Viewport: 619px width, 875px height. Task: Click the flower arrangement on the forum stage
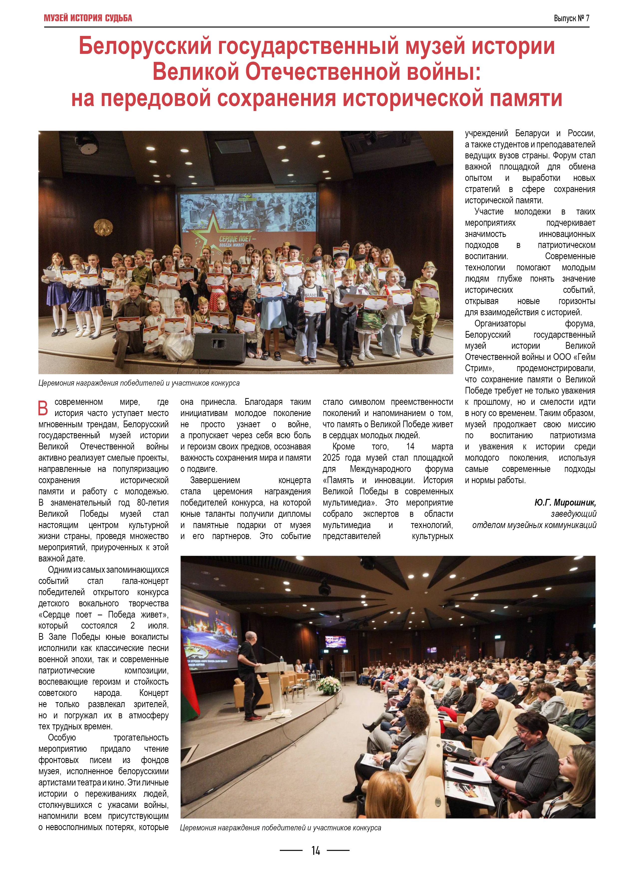[x=329, y=684]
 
